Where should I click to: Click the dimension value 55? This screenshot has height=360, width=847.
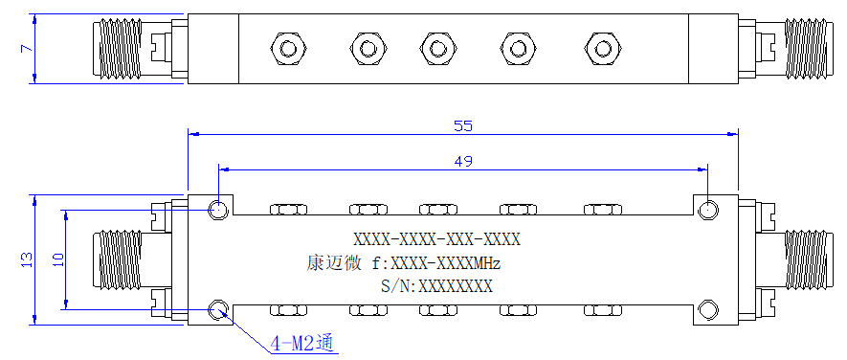[x=463, y=126]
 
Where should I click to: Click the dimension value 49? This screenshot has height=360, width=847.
[x=463, y=161]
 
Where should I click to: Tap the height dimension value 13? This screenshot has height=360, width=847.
[x=27, y=259]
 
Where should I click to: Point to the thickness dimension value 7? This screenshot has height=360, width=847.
[x=27, y=49]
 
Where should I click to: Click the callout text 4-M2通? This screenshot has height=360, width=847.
[x=303, y=343]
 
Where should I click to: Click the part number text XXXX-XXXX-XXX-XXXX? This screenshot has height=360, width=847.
[x=436, y=239]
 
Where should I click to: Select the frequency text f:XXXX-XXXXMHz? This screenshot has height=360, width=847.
[x=436, y=264]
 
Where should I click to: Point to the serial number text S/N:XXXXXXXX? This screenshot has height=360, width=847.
[x=436, y=286]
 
